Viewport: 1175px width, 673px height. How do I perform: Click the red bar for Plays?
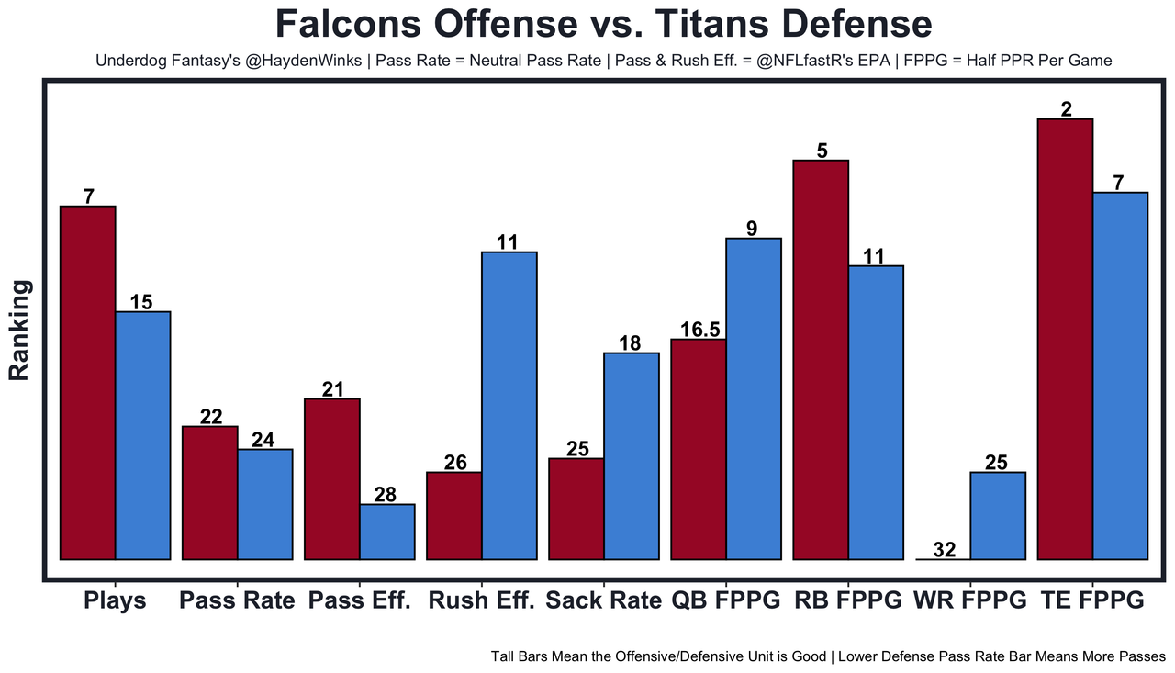pos(88,383)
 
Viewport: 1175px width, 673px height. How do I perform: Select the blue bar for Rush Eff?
pos(509,406)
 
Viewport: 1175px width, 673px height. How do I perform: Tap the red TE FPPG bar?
pos(1066,340)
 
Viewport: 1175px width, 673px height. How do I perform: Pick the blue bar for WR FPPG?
pos(998,516)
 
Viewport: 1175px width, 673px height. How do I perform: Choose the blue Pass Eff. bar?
pos(387,532)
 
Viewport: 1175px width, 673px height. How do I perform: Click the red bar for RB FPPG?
pos(821,360)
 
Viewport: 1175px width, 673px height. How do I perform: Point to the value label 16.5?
pos(700,330)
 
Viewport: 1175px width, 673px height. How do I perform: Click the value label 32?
pos(945,550)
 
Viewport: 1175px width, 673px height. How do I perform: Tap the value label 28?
pos(386,495)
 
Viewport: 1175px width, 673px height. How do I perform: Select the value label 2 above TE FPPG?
pos(1067,109)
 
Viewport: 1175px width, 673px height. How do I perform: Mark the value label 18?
pos(630,343)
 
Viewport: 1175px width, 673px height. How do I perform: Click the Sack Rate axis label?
pos(604,600)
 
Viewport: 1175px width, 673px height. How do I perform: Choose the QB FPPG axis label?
pos(726,600)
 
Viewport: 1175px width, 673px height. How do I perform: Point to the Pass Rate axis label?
pos(237,600)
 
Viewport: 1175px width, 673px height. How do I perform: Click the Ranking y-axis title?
pos(19,331)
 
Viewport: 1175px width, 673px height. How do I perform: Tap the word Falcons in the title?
pos(348,24)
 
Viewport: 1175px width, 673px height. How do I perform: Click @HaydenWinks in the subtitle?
pos(303,61)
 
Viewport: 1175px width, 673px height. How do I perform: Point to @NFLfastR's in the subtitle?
pos(823,61)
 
